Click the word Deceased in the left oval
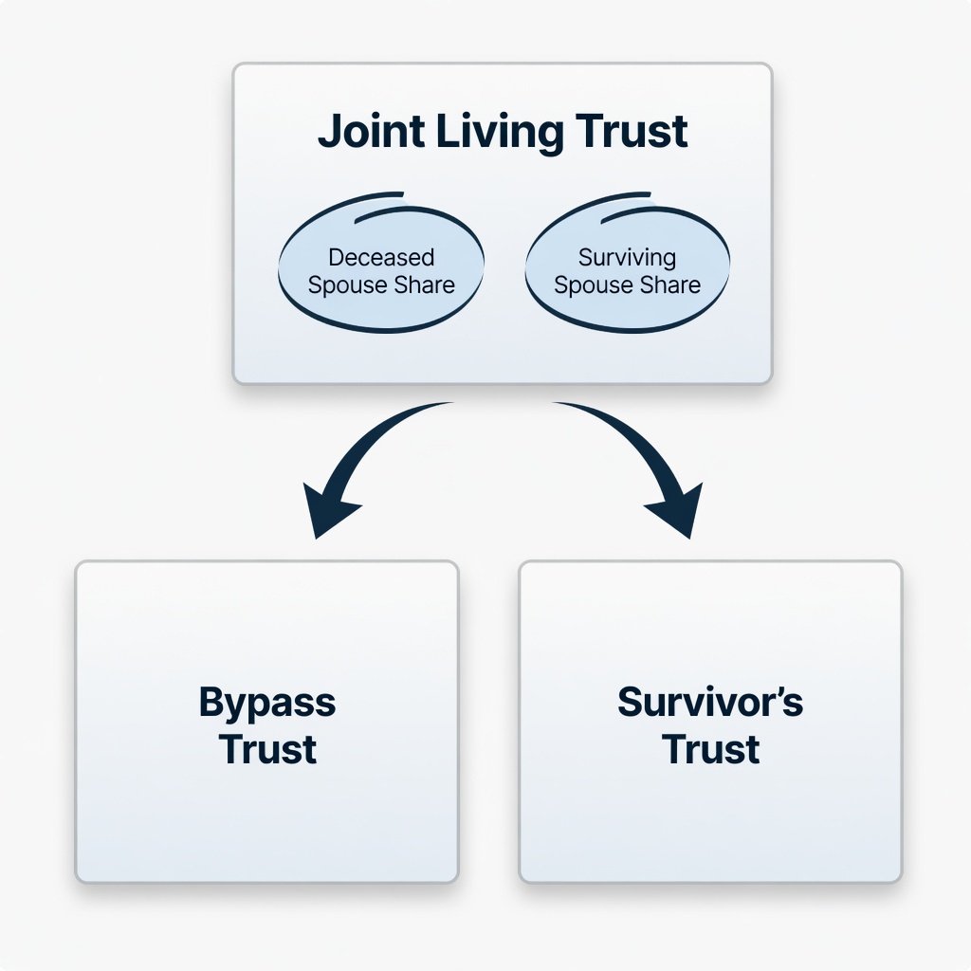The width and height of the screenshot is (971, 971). tap(380, 257)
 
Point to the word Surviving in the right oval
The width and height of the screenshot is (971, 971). tap(627, 257)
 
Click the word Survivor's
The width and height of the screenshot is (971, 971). tap(710, 703)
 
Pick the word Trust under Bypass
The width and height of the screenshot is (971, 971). tap(267, 749)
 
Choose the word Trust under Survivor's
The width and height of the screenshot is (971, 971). tap(710, 749)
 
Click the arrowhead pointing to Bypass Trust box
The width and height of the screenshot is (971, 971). tap(328, 512)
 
